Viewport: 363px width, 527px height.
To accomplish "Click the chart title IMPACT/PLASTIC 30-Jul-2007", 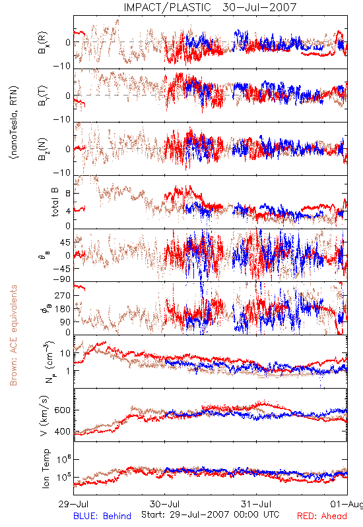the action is tap(210, 7).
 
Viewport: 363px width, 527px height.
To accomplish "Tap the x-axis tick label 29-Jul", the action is tap(73, 505).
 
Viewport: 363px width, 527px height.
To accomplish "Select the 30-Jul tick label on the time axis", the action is tap(164, 505).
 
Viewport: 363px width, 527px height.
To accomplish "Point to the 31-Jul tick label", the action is tap(256, 505).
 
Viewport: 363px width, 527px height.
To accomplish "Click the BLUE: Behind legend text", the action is tap(102, 516).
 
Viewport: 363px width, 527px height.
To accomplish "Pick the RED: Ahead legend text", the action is tap(321, 516).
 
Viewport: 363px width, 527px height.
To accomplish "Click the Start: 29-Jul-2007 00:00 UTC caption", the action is tap(210, 514).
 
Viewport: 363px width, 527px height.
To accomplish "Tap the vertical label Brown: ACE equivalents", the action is tap(13, 335).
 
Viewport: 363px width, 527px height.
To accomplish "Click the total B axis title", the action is tap(55, 202).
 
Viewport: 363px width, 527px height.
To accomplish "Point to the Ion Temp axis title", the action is tap(46, 468).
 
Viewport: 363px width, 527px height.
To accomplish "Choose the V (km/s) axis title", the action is tap(44, 416).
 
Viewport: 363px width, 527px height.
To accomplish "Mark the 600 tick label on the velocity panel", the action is tap(63, 410).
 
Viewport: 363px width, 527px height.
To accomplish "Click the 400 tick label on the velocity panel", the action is tap(63, 431).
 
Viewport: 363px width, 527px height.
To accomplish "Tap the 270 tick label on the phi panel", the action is tap(63, 296).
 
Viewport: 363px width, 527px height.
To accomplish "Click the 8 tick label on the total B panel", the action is tap(68, 194).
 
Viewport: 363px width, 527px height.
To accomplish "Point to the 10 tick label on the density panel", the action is tap(65, 354).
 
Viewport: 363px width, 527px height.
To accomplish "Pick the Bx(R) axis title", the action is tap(42, 43).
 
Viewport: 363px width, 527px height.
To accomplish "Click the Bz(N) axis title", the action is tap(42, 150).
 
